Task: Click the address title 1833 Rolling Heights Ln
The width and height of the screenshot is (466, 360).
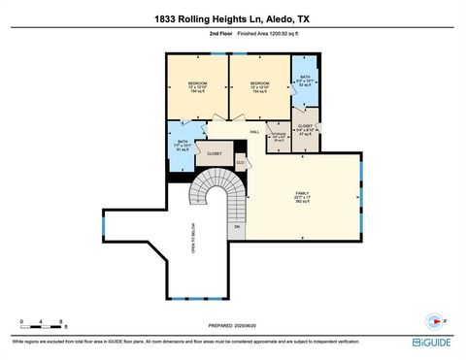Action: (x=232, y=17)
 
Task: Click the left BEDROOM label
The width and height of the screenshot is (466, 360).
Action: (x=197, y=82)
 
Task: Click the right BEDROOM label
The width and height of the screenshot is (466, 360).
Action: (x=259, y=82)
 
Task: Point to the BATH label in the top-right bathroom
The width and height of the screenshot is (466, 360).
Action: (x=305, y=77)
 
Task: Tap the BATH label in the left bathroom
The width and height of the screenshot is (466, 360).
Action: (x=182, y=143)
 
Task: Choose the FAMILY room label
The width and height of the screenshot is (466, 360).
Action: (x=302, y=194)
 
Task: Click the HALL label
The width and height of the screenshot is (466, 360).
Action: (x=254, y=132)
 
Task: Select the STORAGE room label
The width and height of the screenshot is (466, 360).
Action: (x=278, y=135)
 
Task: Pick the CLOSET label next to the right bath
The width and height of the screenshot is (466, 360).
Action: (x=305, y=126)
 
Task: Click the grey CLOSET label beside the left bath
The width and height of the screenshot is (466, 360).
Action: (x=215, y=153)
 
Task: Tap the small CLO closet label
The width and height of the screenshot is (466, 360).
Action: (x=239, y=162)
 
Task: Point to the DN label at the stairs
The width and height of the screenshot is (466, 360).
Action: (x=236, y=227)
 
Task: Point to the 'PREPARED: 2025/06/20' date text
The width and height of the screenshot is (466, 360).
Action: (x=235, y=326)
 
